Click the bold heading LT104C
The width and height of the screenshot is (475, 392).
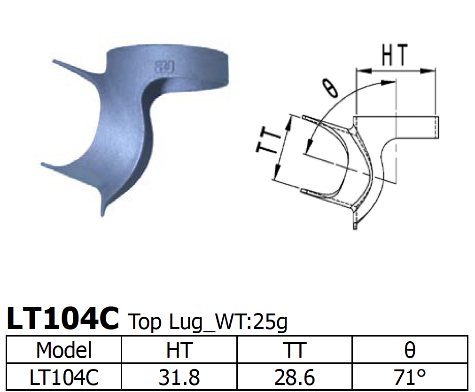pyautogui.click(x=63, y=319)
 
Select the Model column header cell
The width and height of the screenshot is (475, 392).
pyautogui.click(x=64, y=350)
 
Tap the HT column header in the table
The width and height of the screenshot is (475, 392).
pyautogui.click(x=179, y=350)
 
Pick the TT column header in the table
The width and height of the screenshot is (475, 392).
pyautogui.click(x=294, y=350)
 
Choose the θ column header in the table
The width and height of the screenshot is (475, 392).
pyautogui.click(x=410, y=350)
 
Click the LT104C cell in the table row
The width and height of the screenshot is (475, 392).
pyautogui.click(x=64, y=377)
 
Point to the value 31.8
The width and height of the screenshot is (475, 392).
pyautogui.click(x=179, y=377)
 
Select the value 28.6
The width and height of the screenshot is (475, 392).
pyautogui.click(x=294, y=377)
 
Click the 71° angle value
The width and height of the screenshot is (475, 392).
pyautogui.click(x=410, y=377)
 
